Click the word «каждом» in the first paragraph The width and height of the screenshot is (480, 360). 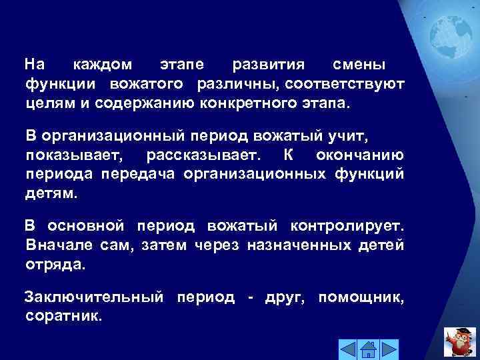point(102,65)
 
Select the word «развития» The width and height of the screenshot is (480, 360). point(268,65)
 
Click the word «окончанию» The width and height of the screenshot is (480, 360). point(363,155)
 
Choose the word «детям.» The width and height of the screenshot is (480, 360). point(52,194)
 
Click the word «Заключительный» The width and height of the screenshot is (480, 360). point(93,296)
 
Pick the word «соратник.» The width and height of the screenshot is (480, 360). point(64,315)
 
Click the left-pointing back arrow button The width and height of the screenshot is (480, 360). point(348,348)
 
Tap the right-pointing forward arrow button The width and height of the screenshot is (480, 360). point(389,348)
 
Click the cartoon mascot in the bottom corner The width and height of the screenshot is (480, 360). point(460,340)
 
